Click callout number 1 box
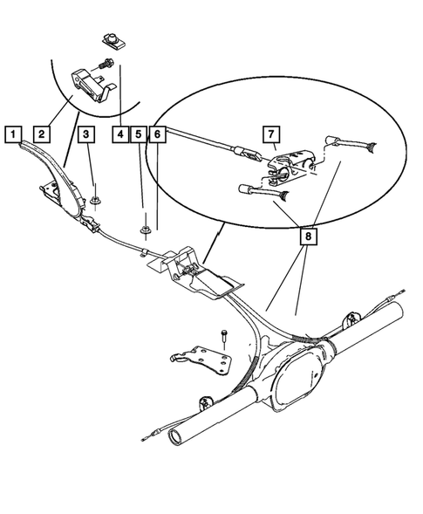tap(12, 134)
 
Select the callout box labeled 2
tap(40, 134)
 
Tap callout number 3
tap(86, 134)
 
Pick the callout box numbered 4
tap(119, 134)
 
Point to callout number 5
tap(139, 134)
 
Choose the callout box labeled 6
tap(156, 134)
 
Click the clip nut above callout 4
tap(111, 38)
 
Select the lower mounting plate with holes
tap(207, 360)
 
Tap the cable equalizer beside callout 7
tap(290, 162)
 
